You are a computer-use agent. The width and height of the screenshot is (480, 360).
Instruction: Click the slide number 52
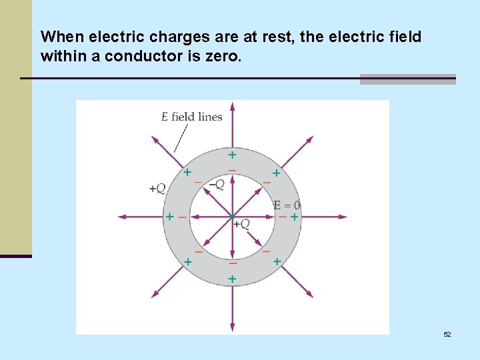447,334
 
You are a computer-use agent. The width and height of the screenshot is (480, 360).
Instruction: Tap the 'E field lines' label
192,117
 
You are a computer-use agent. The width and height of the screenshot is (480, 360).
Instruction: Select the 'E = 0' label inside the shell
287,205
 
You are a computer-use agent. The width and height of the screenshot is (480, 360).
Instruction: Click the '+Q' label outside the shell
157,189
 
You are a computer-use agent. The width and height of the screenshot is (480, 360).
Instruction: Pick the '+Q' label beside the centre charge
241,224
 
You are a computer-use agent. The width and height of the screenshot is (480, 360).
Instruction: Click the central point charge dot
232,217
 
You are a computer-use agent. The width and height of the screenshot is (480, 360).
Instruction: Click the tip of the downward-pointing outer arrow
232,329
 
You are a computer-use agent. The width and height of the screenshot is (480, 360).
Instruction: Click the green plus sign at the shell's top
232,155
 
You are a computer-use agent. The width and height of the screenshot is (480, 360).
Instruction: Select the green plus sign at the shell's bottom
232,279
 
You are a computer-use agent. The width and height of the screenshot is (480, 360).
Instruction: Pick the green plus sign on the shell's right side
294,217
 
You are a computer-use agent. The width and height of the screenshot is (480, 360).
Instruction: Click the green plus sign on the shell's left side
170,217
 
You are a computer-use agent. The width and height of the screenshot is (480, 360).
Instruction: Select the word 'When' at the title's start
59,37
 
